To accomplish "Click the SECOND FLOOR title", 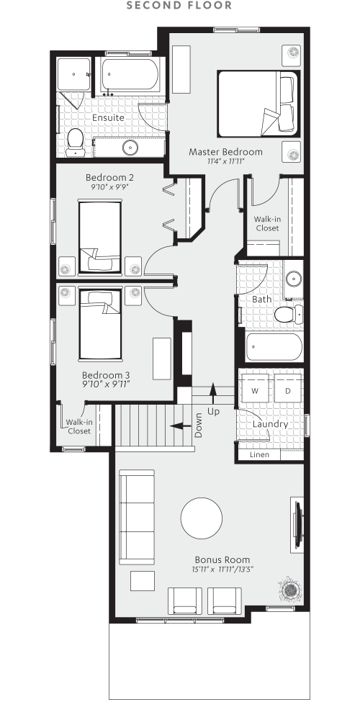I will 179,6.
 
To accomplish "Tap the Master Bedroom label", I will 225,152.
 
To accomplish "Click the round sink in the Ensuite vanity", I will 130,148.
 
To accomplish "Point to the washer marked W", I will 254,390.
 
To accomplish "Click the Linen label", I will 259,455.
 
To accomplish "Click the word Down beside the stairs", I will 199,426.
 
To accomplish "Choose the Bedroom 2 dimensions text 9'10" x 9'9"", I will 109,187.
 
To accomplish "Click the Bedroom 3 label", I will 106,375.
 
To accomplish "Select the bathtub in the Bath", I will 274,348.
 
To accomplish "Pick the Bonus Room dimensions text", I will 222,570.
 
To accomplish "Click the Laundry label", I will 270,424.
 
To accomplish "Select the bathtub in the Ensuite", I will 129,75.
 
